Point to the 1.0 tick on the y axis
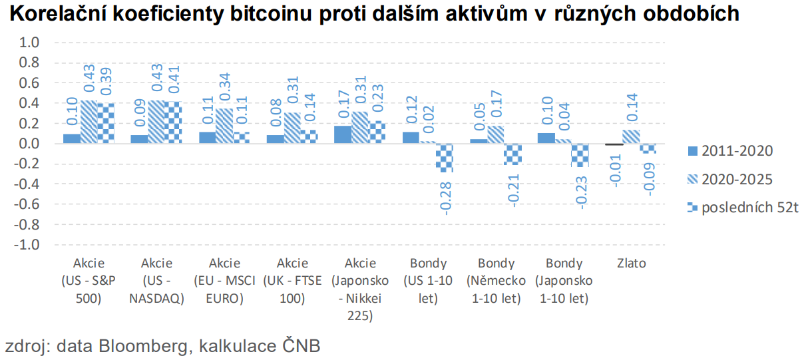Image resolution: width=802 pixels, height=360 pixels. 31,43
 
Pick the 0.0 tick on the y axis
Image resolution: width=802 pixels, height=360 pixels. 31,144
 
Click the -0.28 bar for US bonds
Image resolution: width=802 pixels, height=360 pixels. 445,158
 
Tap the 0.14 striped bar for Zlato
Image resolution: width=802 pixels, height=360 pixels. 631,137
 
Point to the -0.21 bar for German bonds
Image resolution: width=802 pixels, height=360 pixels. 513,154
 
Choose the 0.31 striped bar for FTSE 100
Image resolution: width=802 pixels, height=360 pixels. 292,128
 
